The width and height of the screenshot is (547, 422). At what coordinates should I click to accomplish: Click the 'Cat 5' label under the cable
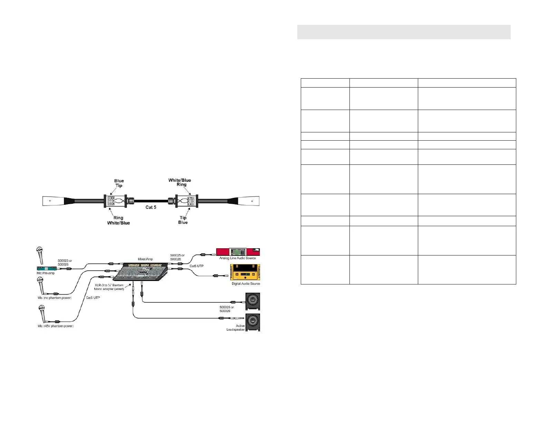pos(151,207)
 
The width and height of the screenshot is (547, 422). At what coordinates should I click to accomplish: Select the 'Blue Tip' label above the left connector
pos(119,183)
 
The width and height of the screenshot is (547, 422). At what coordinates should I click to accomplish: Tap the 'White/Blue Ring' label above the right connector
pos(180,182)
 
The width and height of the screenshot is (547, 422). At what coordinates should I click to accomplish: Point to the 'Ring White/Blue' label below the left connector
pos(118,220)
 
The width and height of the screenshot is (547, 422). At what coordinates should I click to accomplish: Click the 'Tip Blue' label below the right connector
pos(183,220)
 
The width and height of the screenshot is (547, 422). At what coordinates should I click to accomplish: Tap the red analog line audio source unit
pos(238,252)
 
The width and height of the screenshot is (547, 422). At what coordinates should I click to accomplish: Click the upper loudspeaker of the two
pos(253,301)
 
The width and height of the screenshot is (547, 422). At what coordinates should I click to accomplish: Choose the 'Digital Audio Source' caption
pos(246,284)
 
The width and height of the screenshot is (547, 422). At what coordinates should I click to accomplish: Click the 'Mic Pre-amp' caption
pos(46,273)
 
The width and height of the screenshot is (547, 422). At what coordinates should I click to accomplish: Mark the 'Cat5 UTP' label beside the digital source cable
pos(196,266)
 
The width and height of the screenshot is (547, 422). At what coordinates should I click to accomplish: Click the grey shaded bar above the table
pos(404,32)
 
